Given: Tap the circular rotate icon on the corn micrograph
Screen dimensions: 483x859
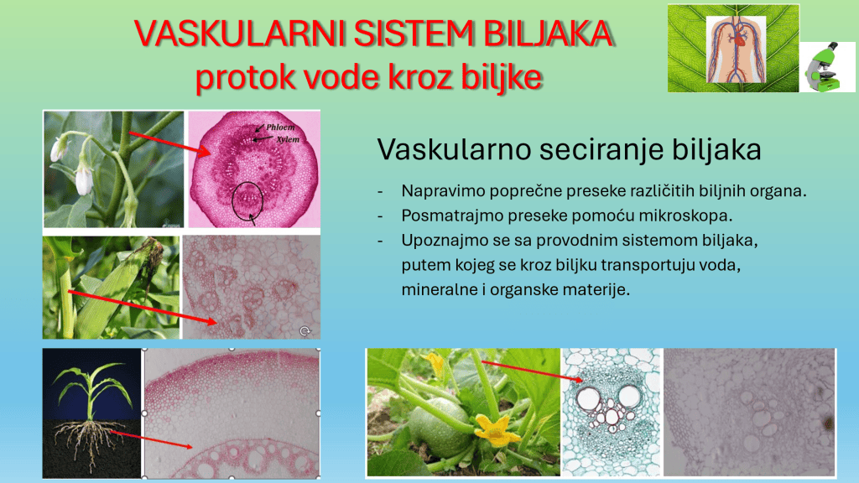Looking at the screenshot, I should click(305, 330).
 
